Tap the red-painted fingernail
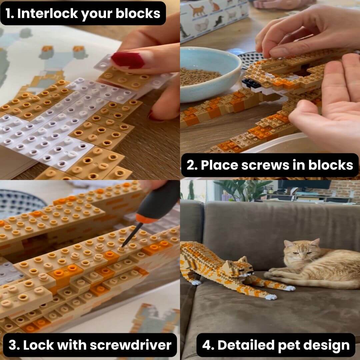(127, 60)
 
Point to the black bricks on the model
(251, 83)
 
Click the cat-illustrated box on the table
(213, 17)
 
